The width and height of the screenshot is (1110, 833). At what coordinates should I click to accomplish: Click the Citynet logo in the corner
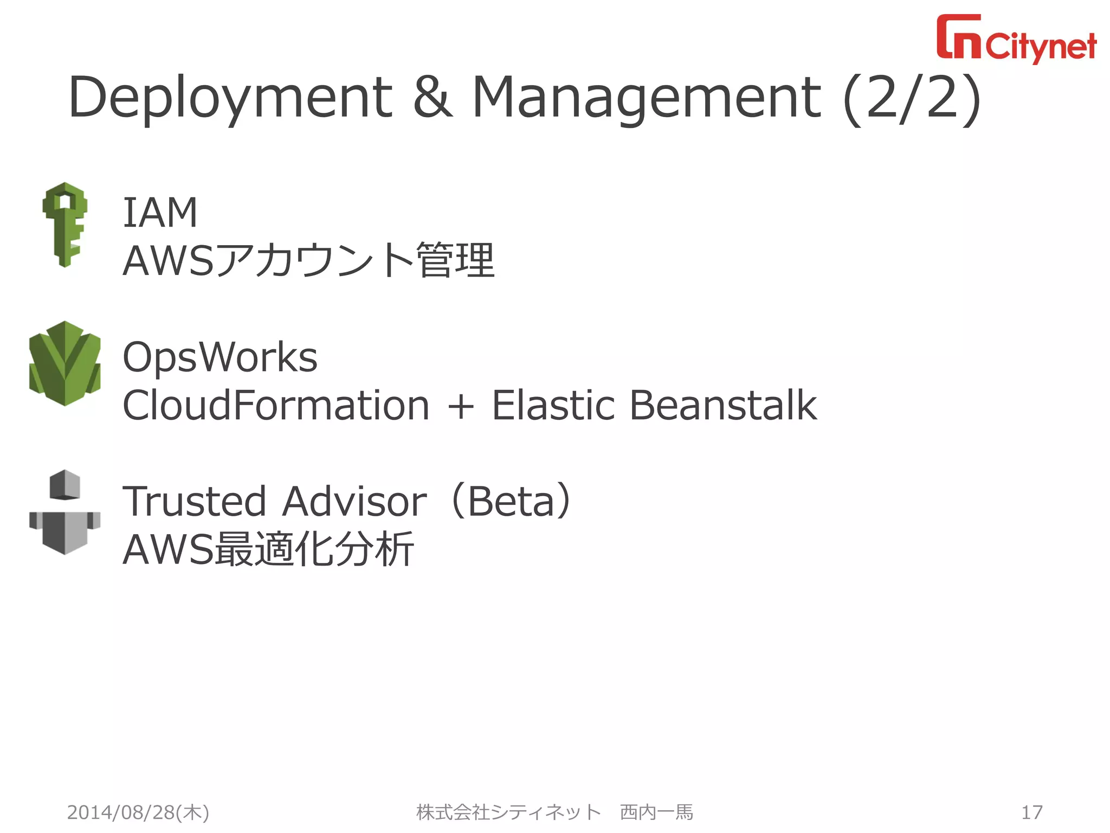(1016, 39)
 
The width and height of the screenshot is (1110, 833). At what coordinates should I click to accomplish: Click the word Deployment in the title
(230, 98)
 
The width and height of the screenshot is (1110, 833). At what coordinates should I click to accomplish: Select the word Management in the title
(647, 98)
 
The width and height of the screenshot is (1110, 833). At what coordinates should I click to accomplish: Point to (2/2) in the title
(912, 98)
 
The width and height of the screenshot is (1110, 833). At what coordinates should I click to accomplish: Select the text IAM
(160, 213)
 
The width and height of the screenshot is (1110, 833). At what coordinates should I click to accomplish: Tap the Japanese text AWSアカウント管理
(308, 261)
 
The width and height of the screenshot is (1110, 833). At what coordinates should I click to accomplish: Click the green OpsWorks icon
(65, 363)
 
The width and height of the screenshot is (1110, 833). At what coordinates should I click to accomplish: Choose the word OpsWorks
(220, 357)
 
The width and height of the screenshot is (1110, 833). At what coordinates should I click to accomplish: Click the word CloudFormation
(276, 405)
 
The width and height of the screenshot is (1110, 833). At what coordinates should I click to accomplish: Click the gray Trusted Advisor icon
(65, 512)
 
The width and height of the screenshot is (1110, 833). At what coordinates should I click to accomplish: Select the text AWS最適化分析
(268, 549)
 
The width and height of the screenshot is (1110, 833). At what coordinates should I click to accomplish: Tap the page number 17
(1031, 812)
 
